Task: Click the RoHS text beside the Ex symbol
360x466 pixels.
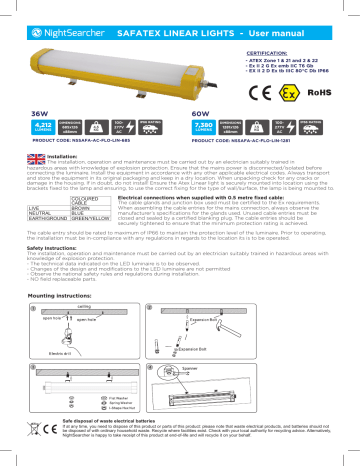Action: point(327,104)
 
